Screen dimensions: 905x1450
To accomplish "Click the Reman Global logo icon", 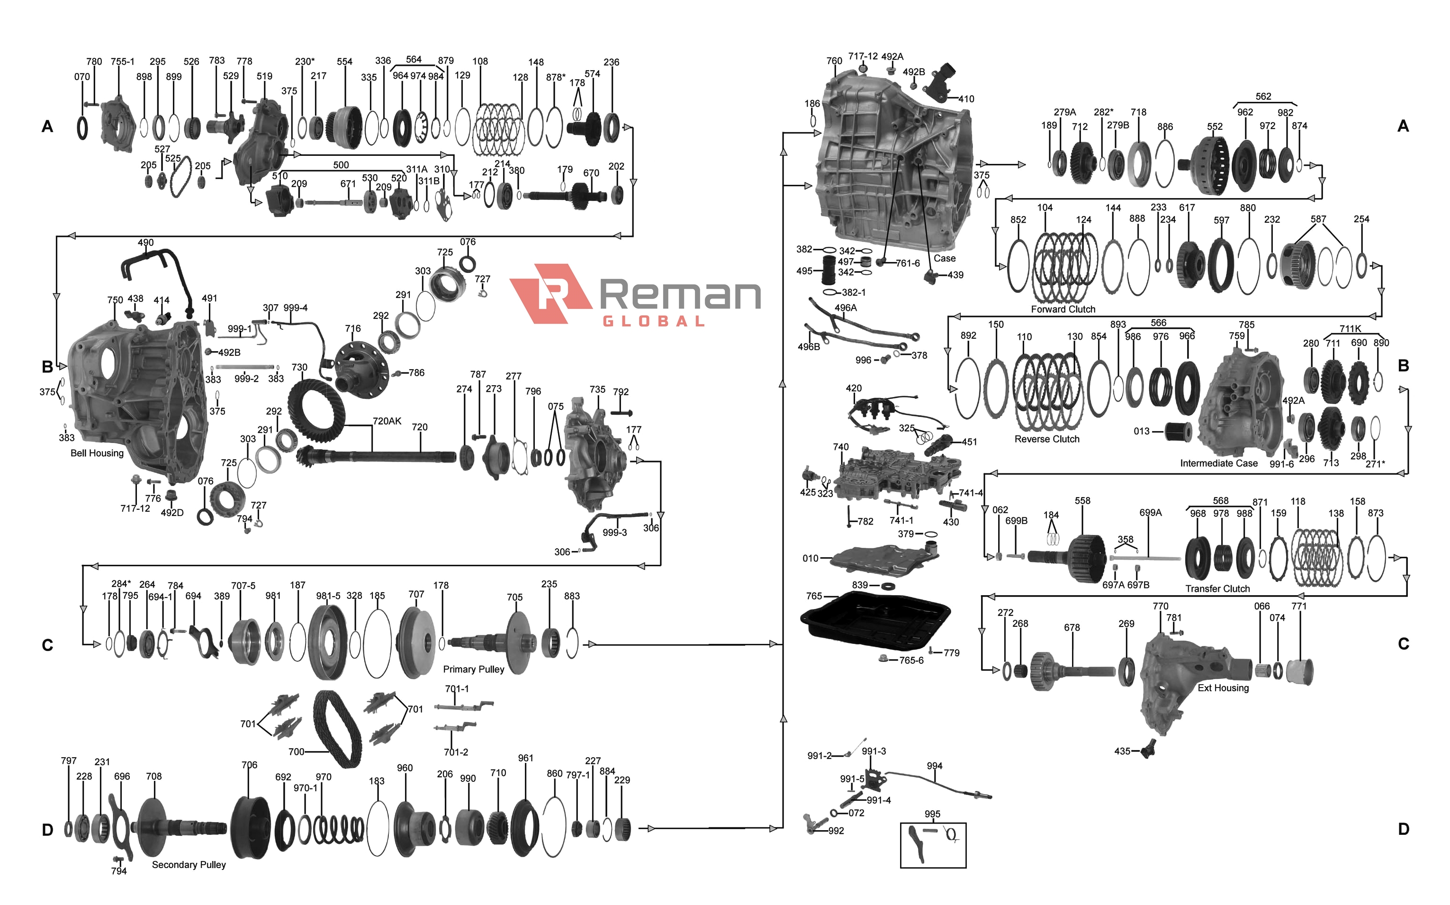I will pos(549,293).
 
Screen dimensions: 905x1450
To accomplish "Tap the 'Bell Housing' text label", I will pos(97,453).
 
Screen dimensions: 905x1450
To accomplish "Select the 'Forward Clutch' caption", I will pos(1063,309).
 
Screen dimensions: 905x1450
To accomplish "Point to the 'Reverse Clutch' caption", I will pos(1047,439).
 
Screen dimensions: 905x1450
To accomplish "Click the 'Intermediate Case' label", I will pos(1218,463).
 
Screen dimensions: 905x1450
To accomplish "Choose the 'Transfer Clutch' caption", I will pos(1217,589).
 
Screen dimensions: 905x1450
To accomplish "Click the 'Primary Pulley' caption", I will pos(473,669).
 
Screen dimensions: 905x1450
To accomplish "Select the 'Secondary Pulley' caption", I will pos(189,865).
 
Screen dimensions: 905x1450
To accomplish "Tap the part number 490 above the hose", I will pos(145,243).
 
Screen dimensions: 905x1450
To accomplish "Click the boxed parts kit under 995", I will pos(932,844).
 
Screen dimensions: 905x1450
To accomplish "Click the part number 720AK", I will pos(387,421).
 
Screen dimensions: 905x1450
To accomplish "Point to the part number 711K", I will pos(1350,329).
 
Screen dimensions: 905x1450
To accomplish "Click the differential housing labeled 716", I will pos(361,366).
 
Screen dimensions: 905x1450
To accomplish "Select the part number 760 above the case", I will pos(834,61).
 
